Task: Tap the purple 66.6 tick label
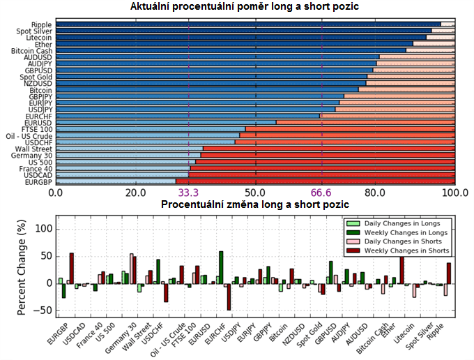tap(322, 192)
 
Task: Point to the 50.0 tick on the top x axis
tap(256, 192)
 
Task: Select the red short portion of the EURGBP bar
tap(316, 181)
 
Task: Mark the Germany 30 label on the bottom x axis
tap(123, 333)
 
